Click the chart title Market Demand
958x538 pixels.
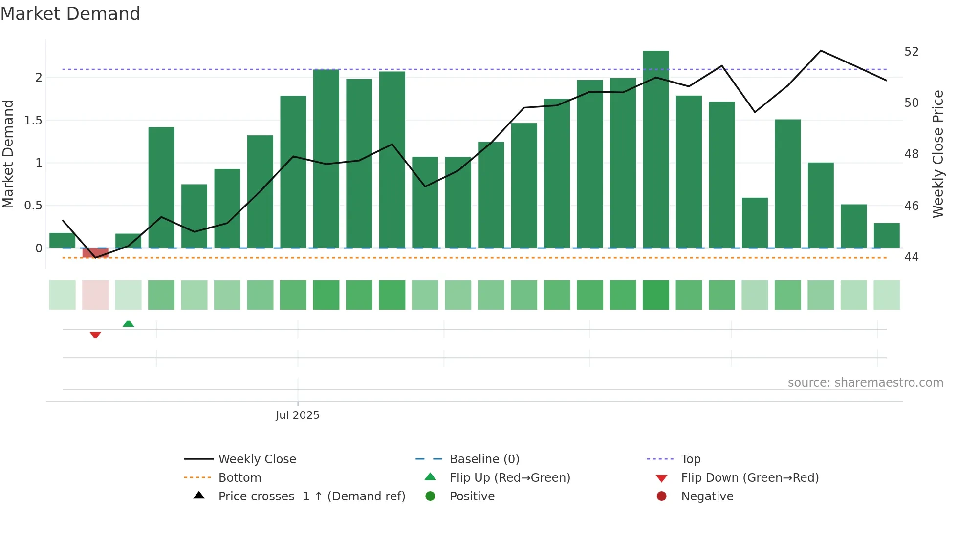(70, 14)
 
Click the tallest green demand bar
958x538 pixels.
(655, 146)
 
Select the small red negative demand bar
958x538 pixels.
(95, 252)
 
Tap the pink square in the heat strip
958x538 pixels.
(95, 294)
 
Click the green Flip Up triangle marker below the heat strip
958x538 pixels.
(128, 324)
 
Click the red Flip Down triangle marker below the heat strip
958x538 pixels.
(95, 335)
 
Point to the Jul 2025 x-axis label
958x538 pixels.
(297, 415)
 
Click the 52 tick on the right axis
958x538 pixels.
(911, 52)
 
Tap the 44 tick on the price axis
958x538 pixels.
(911, 257)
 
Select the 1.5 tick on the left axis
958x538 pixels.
(33, 120)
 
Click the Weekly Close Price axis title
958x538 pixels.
(937, 154)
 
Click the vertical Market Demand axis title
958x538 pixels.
(8, 154)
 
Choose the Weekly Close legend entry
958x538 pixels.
(257, 459)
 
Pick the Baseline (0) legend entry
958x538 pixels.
(484, 459)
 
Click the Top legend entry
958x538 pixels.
(690, 459)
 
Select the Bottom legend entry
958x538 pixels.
(239, 478)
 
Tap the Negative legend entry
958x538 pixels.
(707, 497)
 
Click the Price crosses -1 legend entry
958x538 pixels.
(311, 497)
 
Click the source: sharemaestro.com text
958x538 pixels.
(865, 383)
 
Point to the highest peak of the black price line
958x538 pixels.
(821, 51)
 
